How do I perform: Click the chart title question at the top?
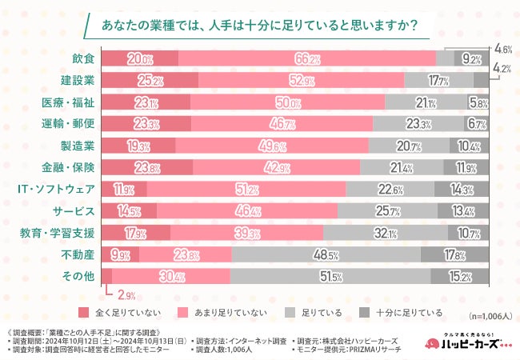click(260, 26)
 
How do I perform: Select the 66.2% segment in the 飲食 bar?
click(307, 58)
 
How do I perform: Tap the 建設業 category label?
click(78, 80)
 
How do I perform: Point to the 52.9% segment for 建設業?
click(301, 80)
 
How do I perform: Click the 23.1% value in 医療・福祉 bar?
click(146, 102)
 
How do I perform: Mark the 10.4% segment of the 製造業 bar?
click(469, 146)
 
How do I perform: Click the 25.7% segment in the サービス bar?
click(389, 211)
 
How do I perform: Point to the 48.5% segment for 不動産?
click(326, 254)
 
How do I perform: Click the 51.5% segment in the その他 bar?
click(330, 277)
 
